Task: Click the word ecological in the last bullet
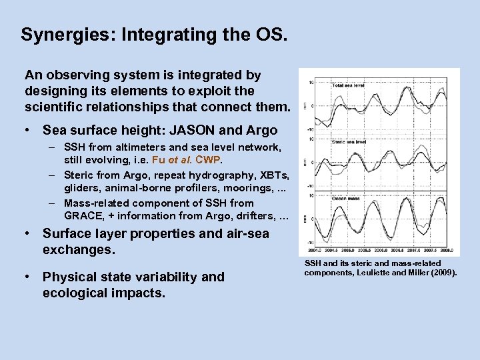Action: (x=75, y=293)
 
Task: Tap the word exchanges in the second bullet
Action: (x=79, y=250)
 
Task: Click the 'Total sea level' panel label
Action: (x=348, y=85)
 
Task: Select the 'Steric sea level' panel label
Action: (x=348, y=142)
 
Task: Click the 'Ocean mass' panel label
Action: (x=345, y=198)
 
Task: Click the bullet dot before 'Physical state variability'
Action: (x=27, y=277)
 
